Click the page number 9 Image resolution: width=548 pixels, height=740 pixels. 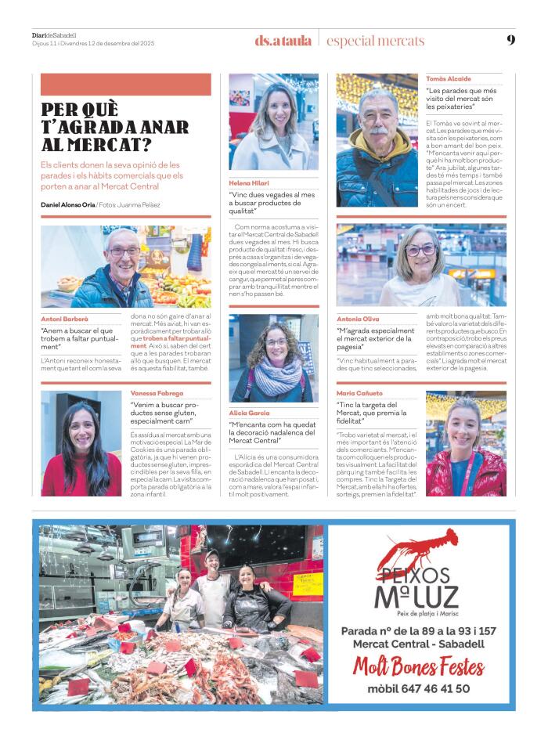pos(510,40)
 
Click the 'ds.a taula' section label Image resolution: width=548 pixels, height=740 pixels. pos(283,41)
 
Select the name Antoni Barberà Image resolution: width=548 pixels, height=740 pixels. pos(65,319)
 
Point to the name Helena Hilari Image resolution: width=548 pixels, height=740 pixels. pos(248,182)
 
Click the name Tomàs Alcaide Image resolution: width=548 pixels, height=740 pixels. pos(449,79)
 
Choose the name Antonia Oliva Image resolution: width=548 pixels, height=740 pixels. pos(358,319)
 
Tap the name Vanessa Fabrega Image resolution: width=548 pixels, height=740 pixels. pos(157,393)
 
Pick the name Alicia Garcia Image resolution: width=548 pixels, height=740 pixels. pos(249,412)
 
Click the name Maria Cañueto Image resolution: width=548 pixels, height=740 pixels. pos(359,393)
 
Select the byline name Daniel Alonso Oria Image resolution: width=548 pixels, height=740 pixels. pos(67,204)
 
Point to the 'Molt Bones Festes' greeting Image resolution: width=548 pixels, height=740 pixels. pos(418,667)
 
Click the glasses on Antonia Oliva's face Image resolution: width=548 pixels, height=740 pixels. pos(420,251)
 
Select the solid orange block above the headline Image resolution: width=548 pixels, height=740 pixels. pos(125,85)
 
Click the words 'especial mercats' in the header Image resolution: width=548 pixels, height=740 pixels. pos(375,41)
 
